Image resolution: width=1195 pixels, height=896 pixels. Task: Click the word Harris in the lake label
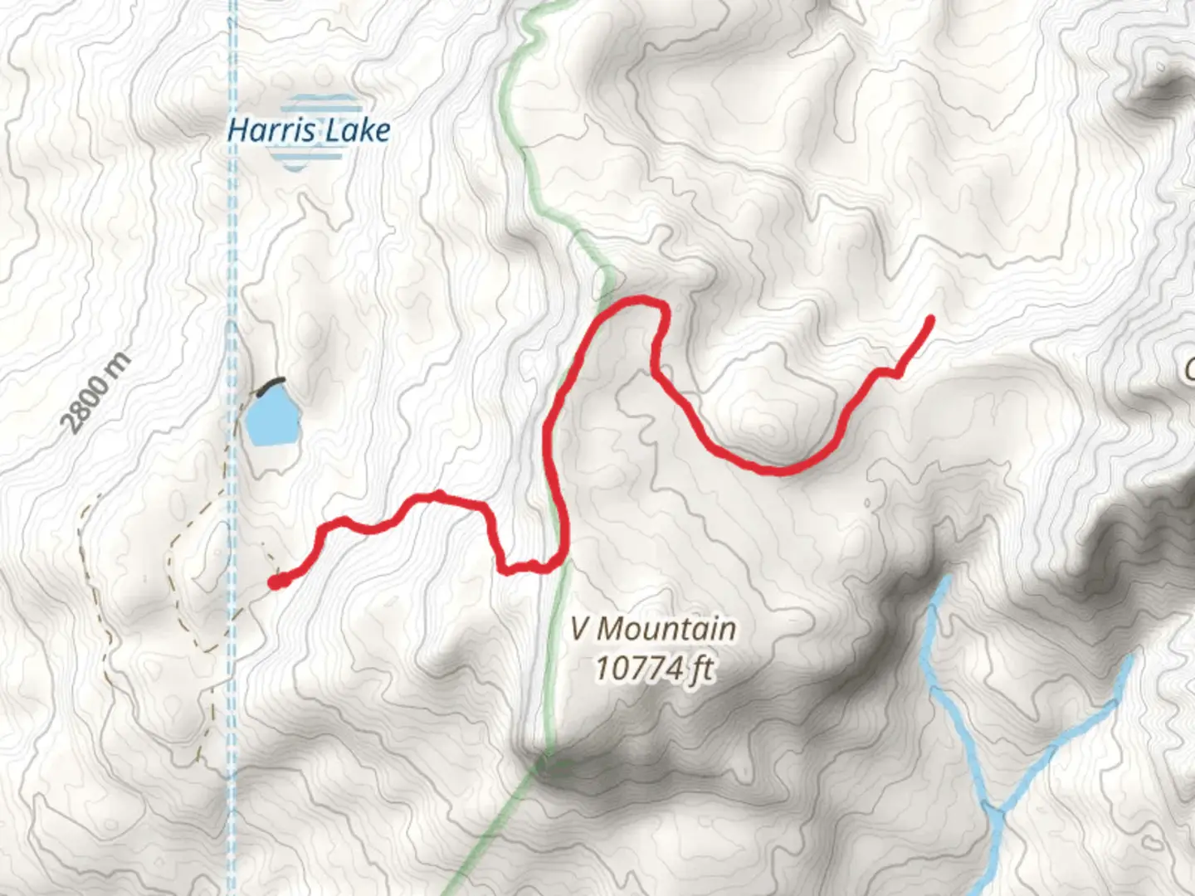click(x=268, y=130)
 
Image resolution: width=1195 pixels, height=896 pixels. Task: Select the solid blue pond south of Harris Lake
click(x=271, y=418)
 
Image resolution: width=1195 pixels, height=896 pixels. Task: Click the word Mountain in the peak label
click(x=666, y=628)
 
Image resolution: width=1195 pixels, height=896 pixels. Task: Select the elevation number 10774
click(x=638, y=668)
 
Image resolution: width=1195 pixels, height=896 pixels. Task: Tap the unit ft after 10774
click(x=700, y=668)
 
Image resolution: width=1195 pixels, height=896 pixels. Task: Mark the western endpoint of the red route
click(x=275, y=582)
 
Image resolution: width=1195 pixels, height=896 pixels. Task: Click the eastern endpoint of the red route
click(x=932, y=319)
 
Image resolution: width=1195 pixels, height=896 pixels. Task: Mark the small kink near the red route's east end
click(x=891, y=373)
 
